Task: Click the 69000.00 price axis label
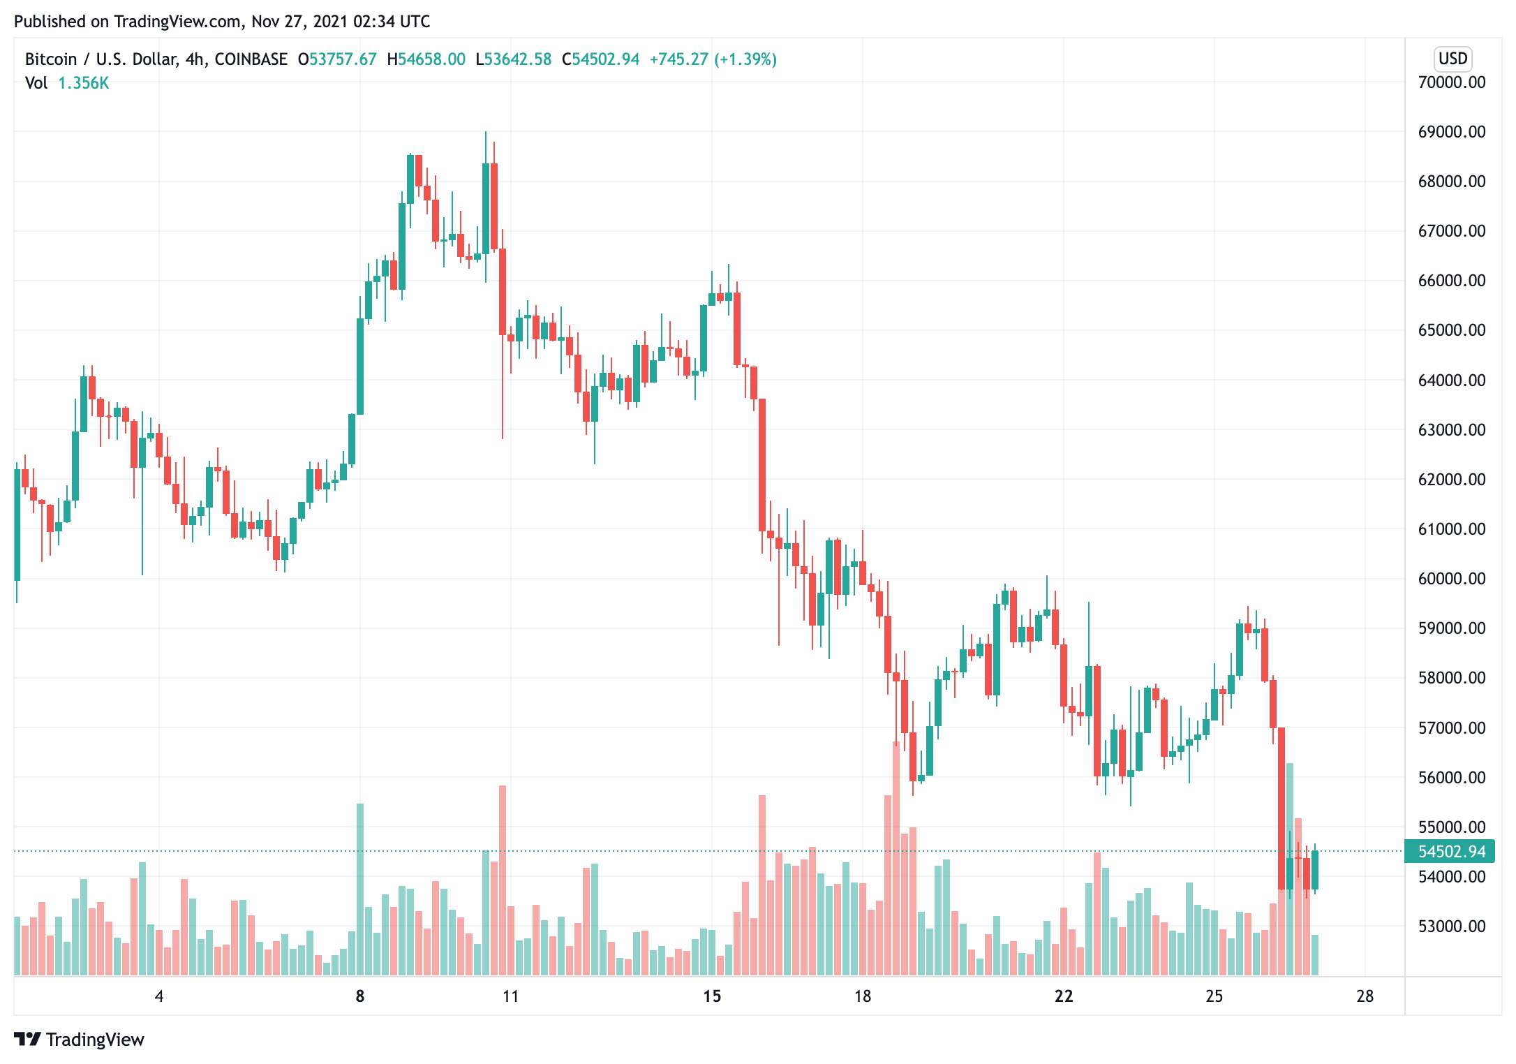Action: point(1451,132)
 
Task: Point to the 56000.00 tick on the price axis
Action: point(1451,777)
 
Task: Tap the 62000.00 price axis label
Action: point(1451,480)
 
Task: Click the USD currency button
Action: point(1452,59)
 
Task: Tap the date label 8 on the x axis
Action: point(360,996)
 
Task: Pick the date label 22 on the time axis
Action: point(1063,996)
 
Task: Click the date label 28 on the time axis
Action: point(1365,996)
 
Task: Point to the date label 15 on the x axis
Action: point(711,996)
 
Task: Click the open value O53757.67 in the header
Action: point(337,59)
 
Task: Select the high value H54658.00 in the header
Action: point(426,59)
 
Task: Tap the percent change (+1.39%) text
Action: point(745,59)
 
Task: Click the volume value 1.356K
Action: point(83,83)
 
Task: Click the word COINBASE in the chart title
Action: point(251,59)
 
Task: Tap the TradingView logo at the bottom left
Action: point(79,1040)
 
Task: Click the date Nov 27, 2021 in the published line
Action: point(299,22)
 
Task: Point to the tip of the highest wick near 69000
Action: point(486,132)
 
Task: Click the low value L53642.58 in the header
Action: point(513,59)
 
